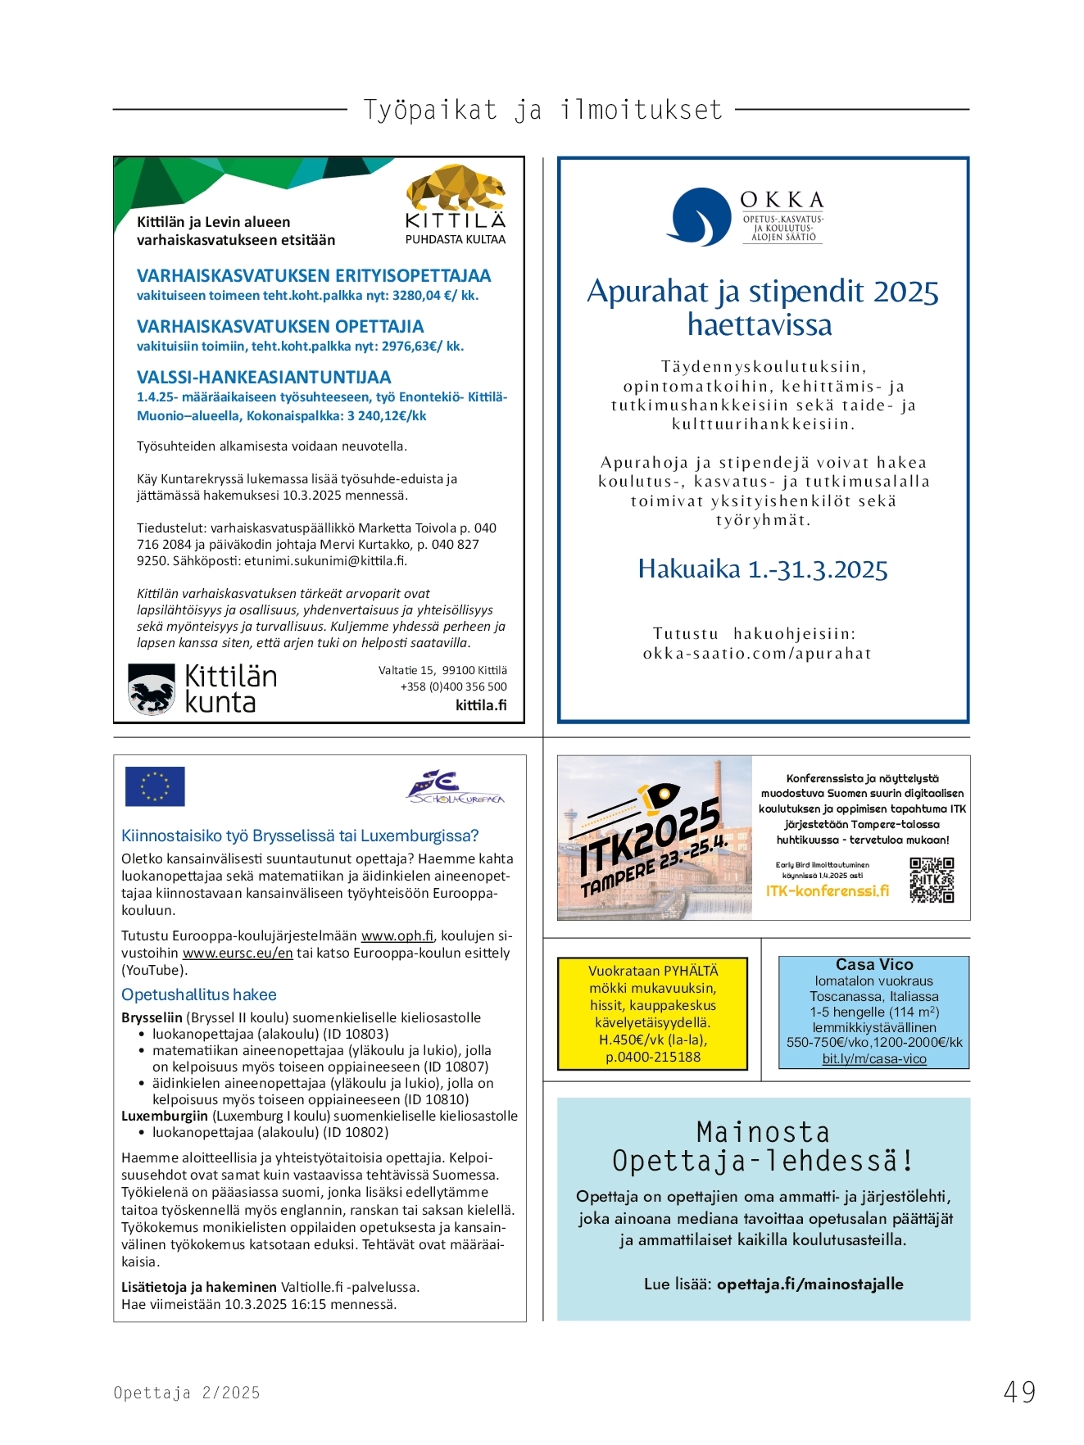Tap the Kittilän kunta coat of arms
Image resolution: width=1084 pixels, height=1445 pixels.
coord(152,688)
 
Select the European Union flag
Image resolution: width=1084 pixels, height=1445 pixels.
coord(155,786)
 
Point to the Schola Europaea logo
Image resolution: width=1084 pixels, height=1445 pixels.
coord(456,788)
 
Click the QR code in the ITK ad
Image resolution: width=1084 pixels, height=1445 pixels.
coord(932,880)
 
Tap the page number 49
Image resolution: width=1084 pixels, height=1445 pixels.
coord(1019,1392)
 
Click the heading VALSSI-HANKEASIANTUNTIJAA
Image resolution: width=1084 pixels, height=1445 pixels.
coord(264,378)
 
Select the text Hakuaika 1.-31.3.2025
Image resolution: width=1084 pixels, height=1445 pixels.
coord(763,568)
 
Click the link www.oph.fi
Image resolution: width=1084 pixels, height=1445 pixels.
coord(397,935)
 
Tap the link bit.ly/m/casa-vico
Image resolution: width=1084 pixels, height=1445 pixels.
coord(874,1059)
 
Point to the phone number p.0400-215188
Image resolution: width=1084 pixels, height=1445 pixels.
coord(653,1057)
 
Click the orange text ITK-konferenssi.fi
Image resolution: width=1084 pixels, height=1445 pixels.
coord(827,890)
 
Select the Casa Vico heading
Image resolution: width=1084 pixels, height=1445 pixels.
coord(874,965)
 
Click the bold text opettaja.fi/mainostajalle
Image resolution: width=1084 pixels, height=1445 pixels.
coord(810,1284)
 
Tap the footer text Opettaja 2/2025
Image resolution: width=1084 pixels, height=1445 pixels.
coord(187,1393)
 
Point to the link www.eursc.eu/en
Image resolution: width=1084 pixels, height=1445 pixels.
coord(238,953)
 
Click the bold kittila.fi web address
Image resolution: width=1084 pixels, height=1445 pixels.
coord(481,705)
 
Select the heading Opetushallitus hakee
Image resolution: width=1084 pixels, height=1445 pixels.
coord(199,994)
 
